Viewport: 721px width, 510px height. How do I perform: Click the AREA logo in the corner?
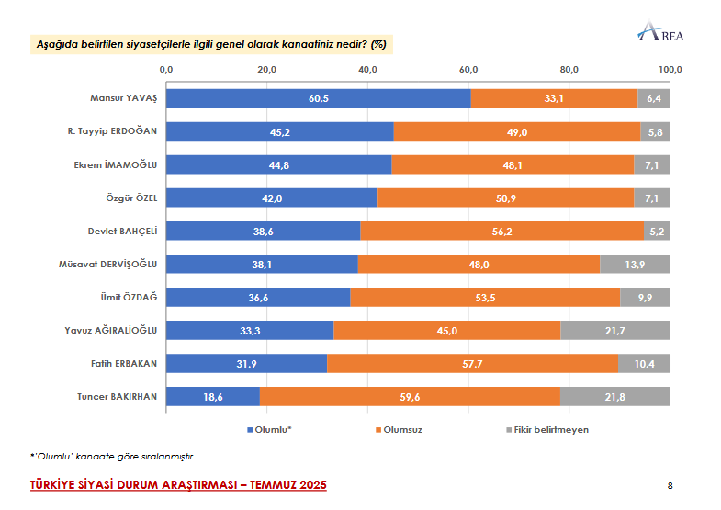(659, 34)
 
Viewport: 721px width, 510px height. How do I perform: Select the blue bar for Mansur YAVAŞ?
(318, 98)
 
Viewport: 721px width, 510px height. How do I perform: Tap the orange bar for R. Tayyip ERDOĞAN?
(516, 131)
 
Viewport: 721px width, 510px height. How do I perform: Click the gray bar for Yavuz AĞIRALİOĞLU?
(614, 330)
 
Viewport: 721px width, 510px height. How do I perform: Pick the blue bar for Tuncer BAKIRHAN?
(213, 396)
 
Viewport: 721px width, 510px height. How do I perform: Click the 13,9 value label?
(635, 264)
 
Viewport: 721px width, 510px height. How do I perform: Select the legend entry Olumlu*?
(273, 429)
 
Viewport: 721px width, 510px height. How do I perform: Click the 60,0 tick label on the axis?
(468, 69)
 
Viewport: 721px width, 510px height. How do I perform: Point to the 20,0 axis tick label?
(266, 69)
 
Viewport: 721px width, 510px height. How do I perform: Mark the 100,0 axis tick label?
(670, 69)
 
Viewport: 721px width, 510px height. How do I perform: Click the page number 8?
(670, 485)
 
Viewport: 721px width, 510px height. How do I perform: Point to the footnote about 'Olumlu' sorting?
(113, 455)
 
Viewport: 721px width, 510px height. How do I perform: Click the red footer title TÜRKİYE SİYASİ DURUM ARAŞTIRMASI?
(178, 484)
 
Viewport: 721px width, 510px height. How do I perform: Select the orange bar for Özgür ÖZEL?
(505, 198)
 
